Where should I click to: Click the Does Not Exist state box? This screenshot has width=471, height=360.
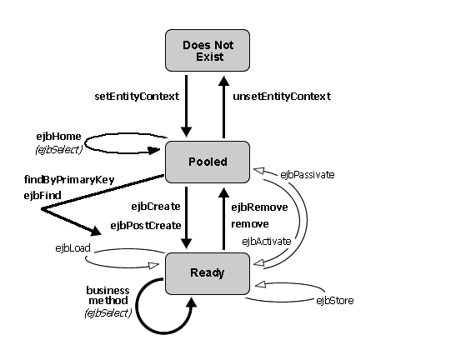click(208, 51)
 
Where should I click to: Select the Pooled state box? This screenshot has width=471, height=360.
click(208, 162)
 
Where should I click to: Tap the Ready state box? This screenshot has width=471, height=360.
click(208, 273)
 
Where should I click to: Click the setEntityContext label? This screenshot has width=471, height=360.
click(137, 97)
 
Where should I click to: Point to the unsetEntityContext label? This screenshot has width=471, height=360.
click(282, 97)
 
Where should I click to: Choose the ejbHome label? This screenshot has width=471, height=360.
click(58, 137)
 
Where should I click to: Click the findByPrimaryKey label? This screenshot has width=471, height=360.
click(69, 180)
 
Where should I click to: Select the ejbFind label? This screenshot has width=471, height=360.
click(43, 196)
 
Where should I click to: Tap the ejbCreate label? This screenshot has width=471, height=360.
click(156, 207)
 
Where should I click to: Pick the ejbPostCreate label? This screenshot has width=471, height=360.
click(146, 226)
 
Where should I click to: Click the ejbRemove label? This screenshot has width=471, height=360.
click(259, 207)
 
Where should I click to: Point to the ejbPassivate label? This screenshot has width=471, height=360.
click(308, 175)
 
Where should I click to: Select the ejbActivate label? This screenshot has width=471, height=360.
click(267, 242)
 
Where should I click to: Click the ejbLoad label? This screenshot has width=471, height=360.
click(73, 248)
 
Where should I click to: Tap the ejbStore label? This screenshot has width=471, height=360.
click(335, 301)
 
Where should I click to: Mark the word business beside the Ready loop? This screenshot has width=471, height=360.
click(108, 291)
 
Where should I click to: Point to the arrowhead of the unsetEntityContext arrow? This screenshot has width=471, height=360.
click(223, 82)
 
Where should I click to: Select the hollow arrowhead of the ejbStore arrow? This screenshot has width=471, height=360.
click(260, 284)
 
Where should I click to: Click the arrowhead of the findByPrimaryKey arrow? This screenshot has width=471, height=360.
click(96, 231)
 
